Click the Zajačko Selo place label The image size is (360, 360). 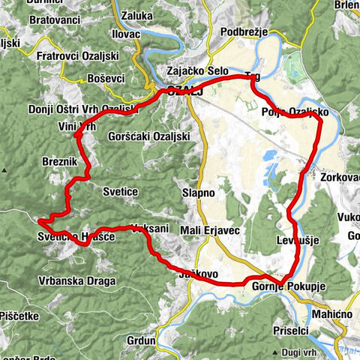(197, 71)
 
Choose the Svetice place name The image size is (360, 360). (121, 192)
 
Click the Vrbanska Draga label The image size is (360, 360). (77, 281)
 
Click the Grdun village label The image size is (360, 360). (141, 340)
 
